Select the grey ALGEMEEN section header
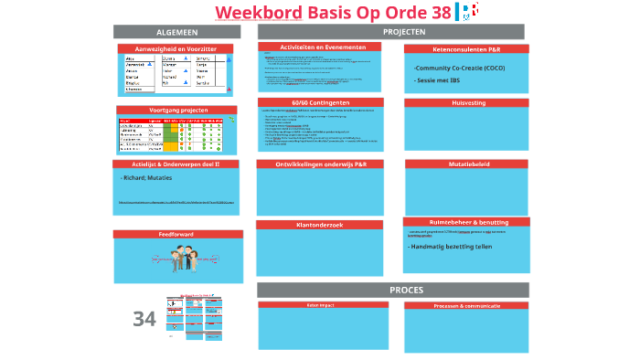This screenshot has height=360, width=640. (176, 32)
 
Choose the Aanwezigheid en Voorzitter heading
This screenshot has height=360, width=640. (176, 48)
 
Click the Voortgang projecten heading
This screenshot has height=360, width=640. (176, 111)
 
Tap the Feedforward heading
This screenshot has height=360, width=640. (176, 234)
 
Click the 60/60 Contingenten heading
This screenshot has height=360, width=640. (320, 102)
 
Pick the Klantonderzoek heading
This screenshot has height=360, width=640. (319, 225)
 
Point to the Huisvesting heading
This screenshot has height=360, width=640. (465, 103)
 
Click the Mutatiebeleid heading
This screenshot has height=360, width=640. (465, 164)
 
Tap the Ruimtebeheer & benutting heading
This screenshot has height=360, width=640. (465, 222)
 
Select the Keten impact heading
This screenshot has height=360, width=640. (319, 305)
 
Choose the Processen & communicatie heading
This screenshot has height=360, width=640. (466, 305)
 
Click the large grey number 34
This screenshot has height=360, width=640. (144, 319)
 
